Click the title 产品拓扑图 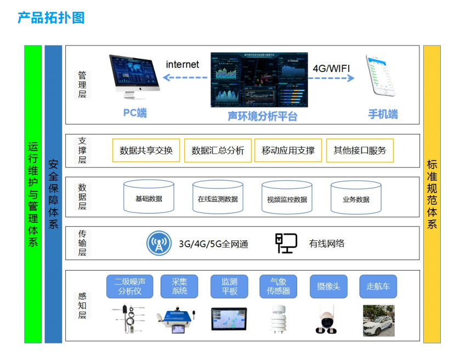pyautogui.click(x=51, y=18)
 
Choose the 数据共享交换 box pyautogui.click(x=146, y=150)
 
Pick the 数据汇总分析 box pyautogui.click(x=218, y=150)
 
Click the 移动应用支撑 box pyautogui.click(x=288, y=150)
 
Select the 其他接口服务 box pyautogui.click(x=360, y=150)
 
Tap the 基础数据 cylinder pyautogui.click(x=149, y=197)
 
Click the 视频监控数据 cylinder pyautogui.click(x=287, y=197)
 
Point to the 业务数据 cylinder pyautogui.click(x=356, y=197)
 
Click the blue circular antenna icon pyautogui.click(x=160, y=244)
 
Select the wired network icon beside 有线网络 pyautogui.click(x=286, y=244)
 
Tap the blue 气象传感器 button pyautogui.click(x=278, y=286)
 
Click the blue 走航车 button pyautogui.click(x=378, y=286)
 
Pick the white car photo pyautogui.click(x=378, y=320)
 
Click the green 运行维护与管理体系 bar pyautogui.click(x=33, y=194)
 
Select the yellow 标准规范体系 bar pyautogui.click(x=432, y=194)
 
